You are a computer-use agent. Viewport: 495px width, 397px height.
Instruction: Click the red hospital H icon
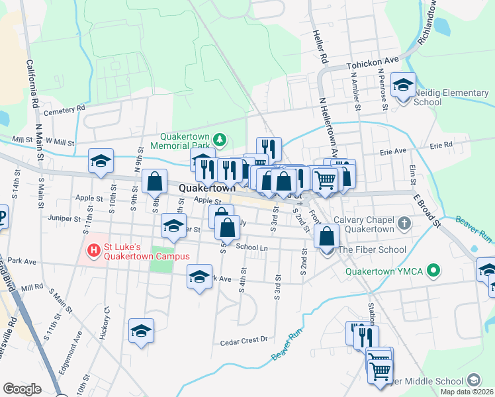[x=94, y=251]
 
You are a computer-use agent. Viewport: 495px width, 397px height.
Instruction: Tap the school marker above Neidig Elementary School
[x=403, y=85]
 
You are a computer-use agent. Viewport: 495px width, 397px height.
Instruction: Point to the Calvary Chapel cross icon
[x=404, y=222]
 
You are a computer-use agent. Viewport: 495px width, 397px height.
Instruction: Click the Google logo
[x=22, y=389]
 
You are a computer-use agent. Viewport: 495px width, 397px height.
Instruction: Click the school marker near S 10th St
[x=101, y=161]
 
